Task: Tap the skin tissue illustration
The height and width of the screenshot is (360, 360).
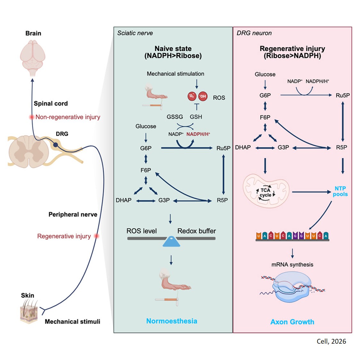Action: tap(29, 312)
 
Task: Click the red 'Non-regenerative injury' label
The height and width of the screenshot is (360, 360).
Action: tap(68, 117)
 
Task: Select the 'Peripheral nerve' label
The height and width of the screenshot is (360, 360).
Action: tap(73, 214)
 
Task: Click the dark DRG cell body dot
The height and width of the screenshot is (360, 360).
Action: tap(55, 145)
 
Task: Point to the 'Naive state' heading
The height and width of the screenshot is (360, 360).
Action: tap(173, 49)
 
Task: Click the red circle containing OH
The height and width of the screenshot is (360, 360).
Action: tap(203, 96)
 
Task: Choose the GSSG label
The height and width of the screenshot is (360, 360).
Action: tap(175, 117)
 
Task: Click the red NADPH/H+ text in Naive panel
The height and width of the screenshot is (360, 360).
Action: tap(198, 134)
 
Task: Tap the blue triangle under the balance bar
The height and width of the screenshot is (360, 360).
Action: tap(171, 242)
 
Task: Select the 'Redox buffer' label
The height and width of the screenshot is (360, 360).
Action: tap(196, 231)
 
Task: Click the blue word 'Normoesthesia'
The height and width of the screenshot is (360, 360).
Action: tap(172, 321)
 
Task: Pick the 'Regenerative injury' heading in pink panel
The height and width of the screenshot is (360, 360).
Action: tap(292, 49)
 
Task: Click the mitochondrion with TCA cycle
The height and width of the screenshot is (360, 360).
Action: tap(266, 191)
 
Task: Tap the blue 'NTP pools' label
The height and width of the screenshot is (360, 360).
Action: tap(340, 191)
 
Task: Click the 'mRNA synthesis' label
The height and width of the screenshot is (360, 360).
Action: tap(292, 265)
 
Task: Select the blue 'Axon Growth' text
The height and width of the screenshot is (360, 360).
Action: tap(292, 322)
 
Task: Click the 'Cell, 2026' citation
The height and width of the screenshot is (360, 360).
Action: tap(331, 341)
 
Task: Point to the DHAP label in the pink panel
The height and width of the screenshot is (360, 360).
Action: tap(243, 148)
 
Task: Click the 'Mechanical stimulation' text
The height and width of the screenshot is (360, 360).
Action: tap(175, 74)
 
